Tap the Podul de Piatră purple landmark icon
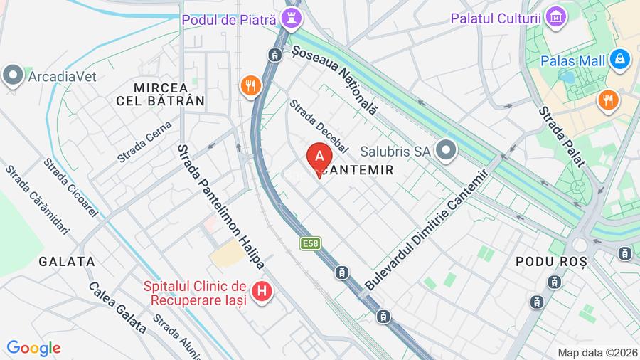(291, 19)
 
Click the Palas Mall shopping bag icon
(620, 60)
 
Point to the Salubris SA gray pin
(446, 150)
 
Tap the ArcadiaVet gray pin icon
(13, 76)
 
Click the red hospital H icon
(262, 291)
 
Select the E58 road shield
(310, 243)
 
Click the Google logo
(33, 348)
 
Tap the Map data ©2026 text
(597, 352)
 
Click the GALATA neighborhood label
(67, 261)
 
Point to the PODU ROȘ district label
(551, 262)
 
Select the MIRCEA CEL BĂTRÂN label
(160, 94)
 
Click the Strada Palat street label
(561, 137)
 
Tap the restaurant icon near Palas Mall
(608, 100)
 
